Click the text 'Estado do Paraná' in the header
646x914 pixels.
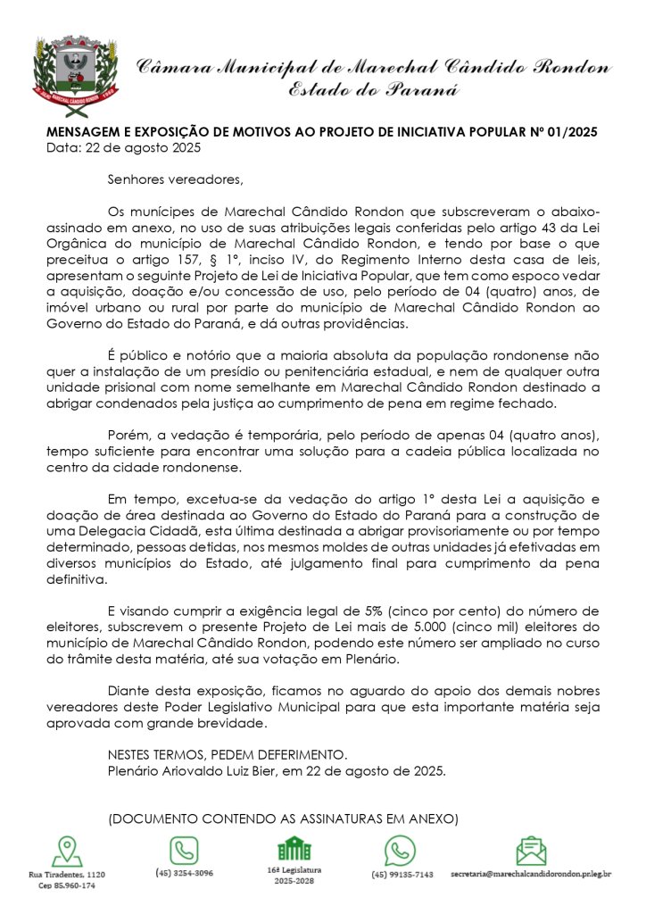pyautogui.click(x=373, y=88)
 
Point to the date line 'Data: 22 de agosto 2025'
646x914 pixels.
pyautogui.click(x=123, y=146)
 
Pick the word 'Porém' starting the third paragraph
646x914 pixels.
pyautogui.click(x=125, y=435)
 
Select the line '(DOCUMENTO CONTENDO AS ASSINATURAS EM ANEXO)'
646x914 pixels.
pyautogui.click(x=283, y=818)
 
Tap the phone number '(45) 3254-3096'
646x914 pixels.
pyautogui.click(x=184, y=873)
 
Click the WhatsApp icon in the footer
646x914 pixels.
pyautogui.click(x=401, y=852)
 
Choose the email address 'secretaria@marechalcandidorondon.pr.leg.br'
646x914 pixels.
pyautogui.click(x=531, y=873)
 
